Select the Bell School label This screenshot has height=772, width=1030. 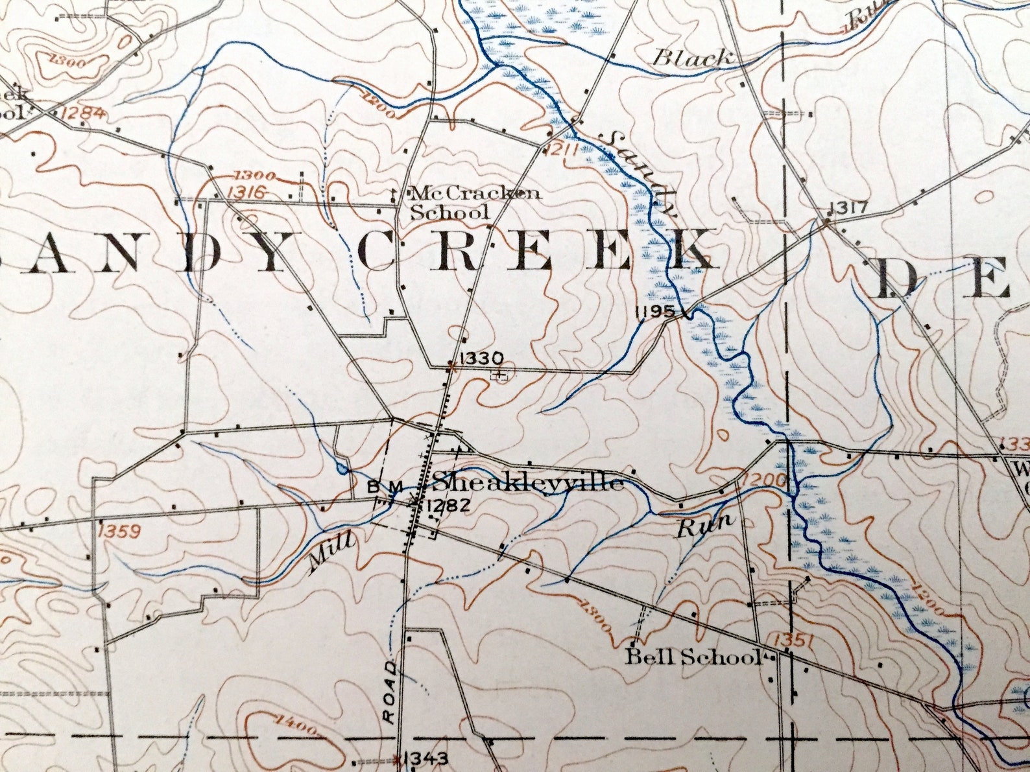click(692, 657)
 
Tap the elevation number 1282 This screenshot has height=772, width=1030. click(448, 506)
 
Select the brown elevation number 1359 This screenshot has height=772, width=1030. click(119, 532)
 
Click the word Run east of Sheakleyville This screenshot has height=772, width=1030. click(705, 524)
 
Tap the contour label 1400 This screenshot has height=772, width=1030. click(294, 725)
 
